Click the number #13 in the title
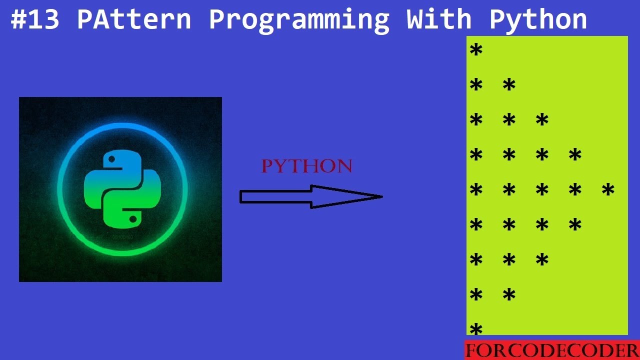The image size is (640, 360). (x=36, y=20)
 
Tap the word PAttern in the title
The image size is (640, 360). (x=134, y=20)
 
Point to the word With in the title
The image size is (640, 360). (x=438, y=20)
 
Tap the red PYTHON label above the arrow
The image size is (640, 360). (x=307, y=166)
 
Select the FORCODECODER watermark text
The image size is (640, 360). (x=551, y=350)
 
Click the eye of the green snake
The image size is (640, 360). (x=133, y=218)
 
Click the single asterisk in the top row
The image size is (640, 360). (x=476, y=51)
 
